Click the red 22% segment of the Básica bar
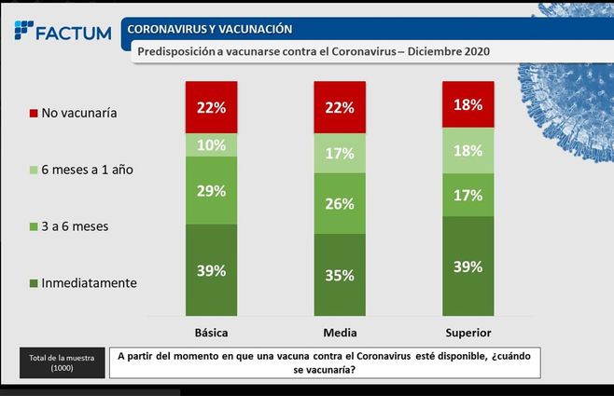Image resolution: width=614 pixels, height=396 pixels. (x=211, y=107)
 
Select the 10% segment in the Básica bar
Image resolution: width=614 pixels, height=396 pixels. (x=211, y=145)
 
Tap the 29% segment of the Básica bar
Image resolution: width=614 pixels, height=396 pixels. (x=211, y=190)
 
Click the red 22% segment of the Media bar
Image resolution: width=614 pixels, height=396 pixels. (x=339, y=107)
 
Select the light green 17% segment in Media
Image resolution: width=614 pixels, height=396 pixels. (x=339, y=153)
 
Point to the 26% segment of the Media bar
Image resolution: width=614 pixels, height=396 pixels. (x=339, y=203)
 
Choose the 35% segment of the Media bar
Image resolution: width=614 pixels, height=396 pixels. (x=339, y=275)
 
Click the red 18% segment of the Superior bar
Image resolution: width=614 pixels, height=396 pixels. (x=467, y=104)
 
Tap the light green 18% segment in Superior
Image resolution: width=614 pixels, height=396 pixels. (x=467, y=150)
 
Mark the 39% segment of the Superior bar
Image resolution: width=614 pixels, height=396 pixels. (x=467, y=266)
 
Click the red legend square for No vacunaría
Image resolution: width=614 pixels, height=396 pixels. (x=33, y=114)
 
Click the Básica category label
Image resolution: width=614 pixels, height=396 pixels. (x=211, y=332)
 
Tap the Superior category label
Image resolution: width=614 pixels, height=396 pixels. (x=467, y=332)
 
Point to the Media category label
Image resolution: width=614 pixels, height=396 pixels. (x=339, y=332)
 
